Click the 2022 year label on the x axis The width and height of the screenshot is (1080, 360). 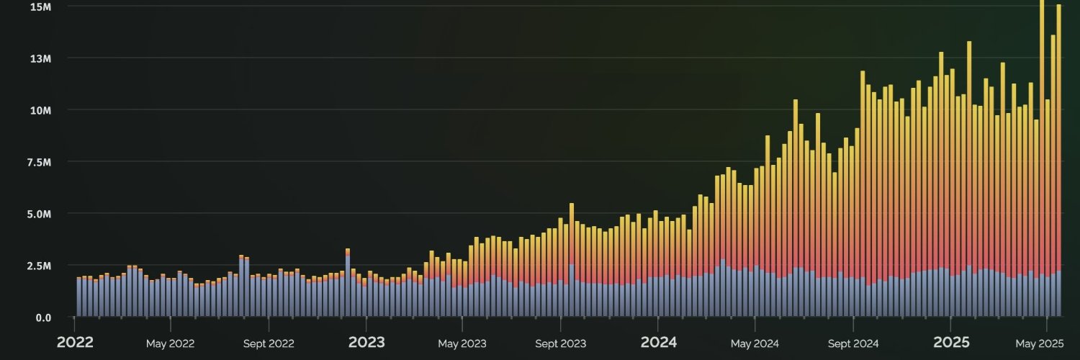(75, 343)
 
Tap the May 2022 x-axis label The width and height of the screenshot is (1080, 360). (171, 343)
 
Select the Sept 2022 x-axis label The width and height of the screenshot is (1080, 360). (269, 343)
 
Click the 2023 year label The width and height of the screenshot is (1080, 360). (366, 343)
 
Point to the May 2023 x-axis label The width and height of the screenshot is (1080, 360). (462, 343)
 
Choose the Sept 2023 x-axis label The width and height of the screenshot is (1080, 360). (560, 343)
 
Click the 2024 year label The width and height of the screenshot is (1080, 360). (659, 343)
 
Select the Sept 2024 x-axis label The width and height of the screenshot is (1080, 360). (852, 343)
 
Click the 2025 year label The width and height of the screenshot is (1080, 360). (951, 343)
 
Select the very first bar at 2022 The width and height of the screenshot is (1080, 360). (78, 297)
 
